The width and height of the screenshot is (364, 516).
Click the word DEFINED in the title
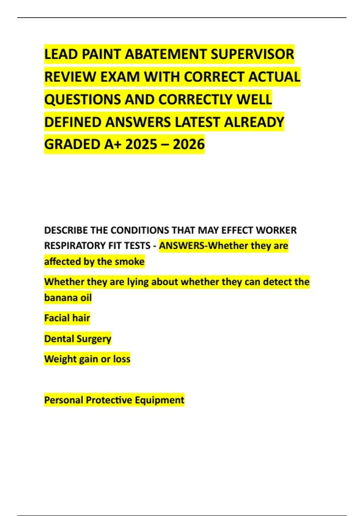[x=73, y=122]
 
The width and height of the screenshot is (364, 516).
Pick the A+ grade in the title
[x=113, y=144]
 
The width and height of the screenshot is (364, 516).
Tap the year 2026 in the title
[x=189, y=144]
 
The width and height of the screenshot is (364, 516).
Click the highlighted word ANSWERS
[x=182, y=246]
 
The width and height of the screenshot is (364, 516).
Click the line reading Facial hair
[x=67, y=318]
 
